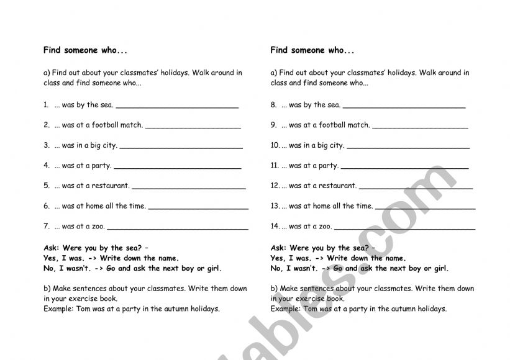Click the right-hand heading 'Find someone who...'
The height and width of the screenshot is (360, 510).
click(312, 50)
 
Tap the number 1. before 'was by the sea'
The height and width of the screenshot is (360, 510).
click(47, 105)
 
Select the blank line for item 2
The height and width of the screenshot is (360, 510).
click(193, 127)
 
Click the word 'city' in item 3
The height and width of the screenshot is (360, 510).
click(109, 145)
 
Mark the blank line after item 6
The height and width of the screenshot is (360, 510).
click(198, 208)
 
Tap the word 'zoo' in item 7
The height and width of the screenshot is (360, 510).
click(98, 227)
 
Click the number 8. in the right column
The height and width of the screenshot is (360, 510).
click(274, 105)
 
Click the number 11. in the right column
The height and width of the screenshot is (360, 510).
click(275, 166)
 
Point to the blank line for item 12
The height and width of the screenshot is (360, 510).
click(416, 187)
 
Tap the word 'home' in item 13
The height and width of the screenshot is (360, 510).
click(322, 206)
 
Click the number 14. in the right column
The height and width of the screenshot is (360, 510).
click(275, 227)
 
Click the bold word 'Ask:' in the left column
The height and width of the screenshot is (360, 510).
click(53, 248)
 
